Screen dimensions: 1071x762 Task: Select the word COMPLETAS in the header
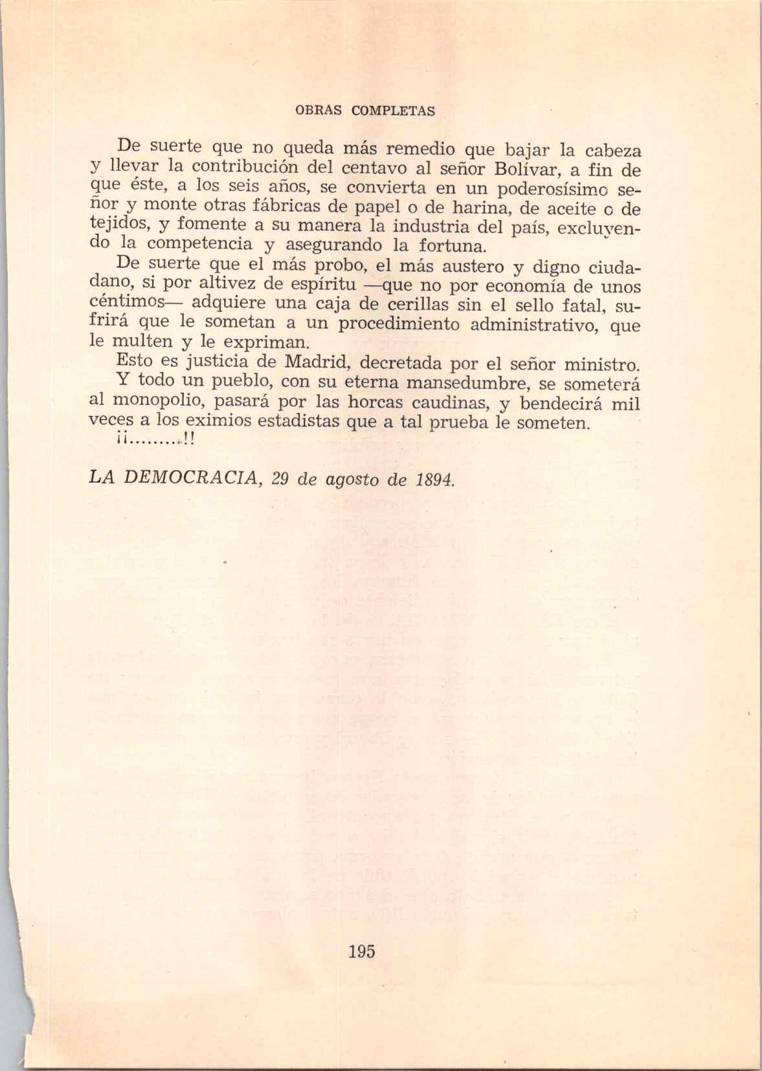393,110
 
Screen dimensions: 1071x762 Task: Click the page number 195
361,951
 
